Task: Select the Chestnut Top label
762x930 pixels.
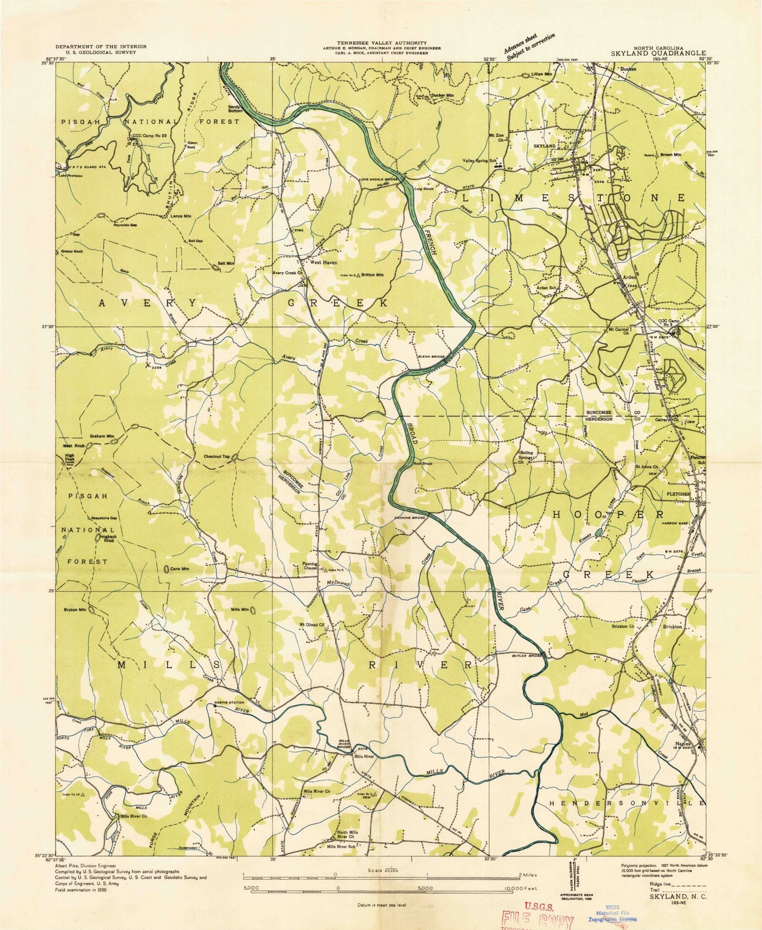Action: click(217, 456)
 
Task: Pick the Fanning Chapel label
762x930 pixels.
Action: click(310, 566)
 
